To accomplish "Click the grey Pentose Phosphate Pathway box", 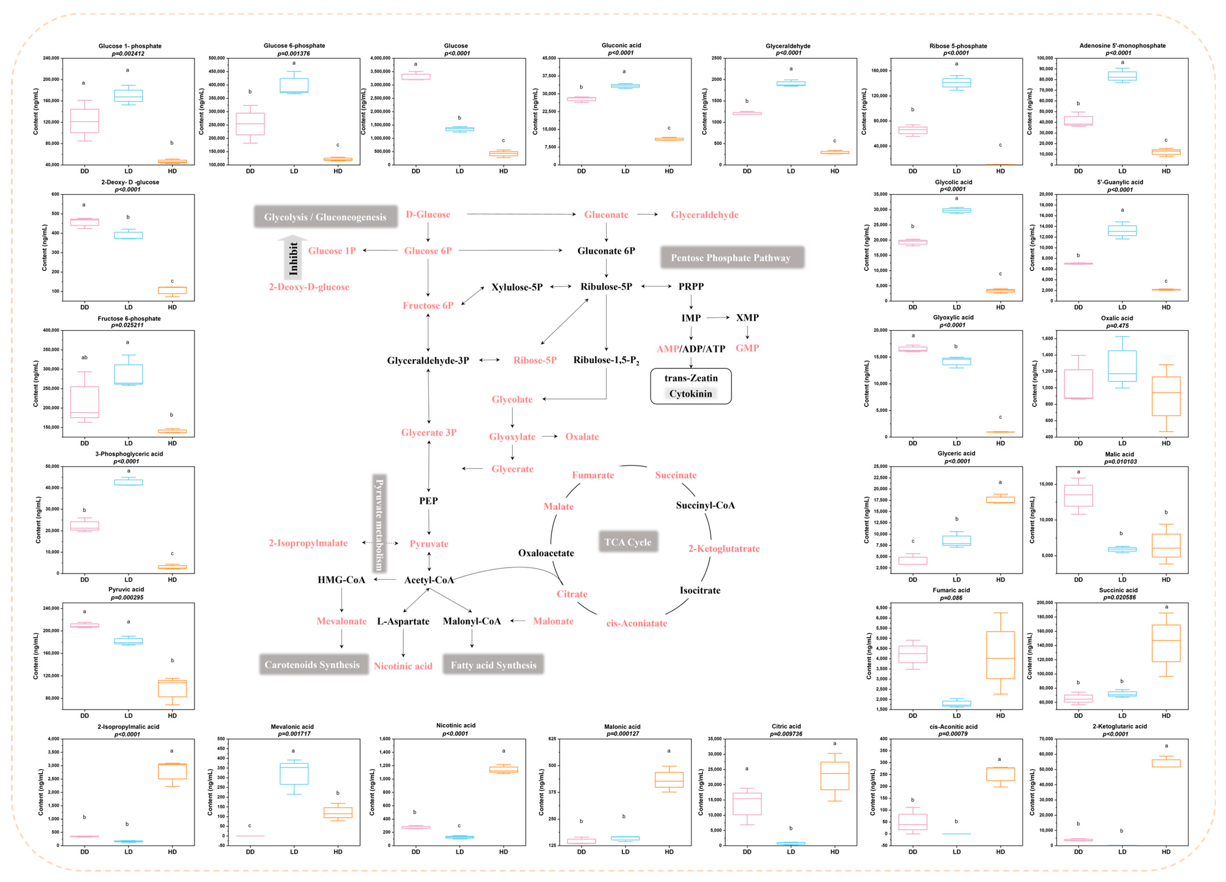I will [x=731, y=258].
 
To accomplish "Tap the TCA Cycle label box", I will [x=628, y=542].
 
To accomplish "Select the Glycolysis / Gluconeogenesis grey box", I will [x=326, y=217].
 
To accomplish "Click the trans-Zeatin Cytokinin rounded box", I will [x=690, y=386].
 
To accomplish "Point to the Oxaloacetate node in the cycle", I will [x=546, y=553].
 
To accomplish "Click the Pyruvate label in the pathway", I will [x=429, y=544].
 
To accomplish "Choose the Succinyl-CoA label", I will [x=705, y=505].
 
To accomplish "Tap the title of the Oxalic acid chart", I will [x=1117, y=318].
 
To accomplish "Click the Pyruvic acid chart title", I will [x=126, y=590].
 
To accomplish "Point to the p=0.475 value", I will [x=1117, y=325].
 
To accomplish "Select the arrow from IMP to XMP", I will [x=718, y=317].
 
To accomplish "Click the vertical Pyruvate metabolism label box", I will [x=380, y=524].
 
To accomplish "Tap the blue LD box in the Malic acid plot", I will [x=1122, y=549].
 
